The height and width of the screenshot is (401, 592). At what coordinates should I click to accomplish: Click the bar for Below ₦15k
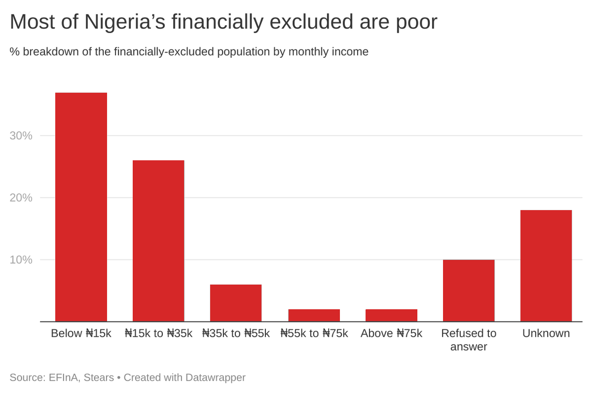[81, 207]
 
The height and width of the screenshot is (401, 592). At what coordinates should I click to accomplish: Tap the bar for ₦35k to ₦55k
[236, 303]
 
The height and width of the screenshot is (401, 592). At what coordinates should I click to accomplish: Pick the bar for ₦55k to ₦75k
[314, 315]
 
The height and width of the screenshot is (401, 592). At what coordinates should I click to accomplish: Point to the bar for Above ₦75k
[391, 315]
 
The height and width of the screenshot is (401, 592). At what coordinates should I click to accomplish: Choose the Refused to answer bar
[469, 291]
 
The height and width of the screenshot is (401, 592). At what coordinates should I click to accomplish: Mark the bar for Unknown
[546, 266]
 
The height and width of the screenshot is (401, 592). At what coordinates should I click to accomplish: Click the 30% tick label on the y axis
[21, 136]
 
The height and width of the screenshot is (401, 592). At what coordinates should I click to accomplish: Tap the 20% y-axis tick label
[21, 198]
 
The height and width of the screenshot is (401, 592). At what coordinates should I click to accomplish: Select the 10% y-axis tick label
[21, 260]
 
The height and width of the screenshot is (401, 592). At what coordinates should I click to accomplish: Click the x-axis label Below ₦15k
[81, 333]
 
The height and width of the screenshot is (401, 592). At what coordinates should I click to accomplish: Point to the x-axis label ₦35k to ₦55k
[236, 333]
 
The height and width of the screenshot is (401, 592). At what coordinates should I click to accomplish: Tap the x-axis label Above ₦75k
[391, 333]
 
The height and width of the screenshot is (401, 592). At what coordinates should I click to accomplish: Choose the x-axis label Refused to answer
[469, 340]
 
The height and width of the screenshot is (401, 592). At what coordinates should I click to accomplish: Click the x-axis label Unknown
[546, 333]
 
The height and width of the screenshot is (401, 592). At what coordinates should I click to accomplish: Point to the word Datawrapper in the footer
[215, 378]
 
